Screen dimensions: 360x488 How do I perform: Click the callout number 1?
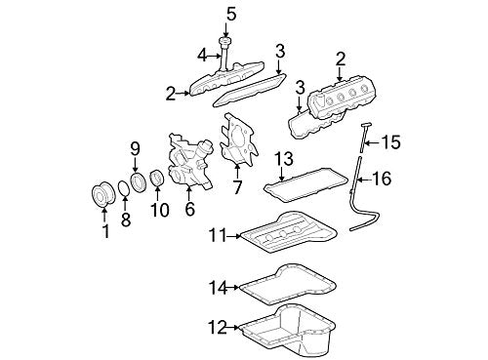[104, 233]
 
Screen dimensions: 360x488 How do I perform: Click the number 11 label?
[216, 235]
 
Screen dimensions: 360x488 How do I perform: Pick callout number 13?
[283, 157]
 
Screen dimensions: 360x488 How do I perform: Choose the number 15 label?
[389, 142]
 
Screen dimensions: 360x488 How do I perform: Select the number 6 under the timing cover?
[188, 209]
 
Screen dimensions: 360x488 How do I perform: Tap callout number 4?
[201, 54]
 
